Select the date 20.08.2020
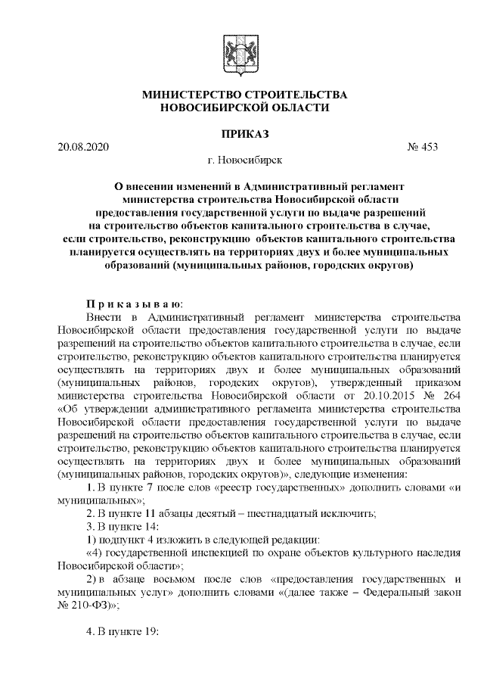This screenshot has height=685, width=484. (x=83, y=146)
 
